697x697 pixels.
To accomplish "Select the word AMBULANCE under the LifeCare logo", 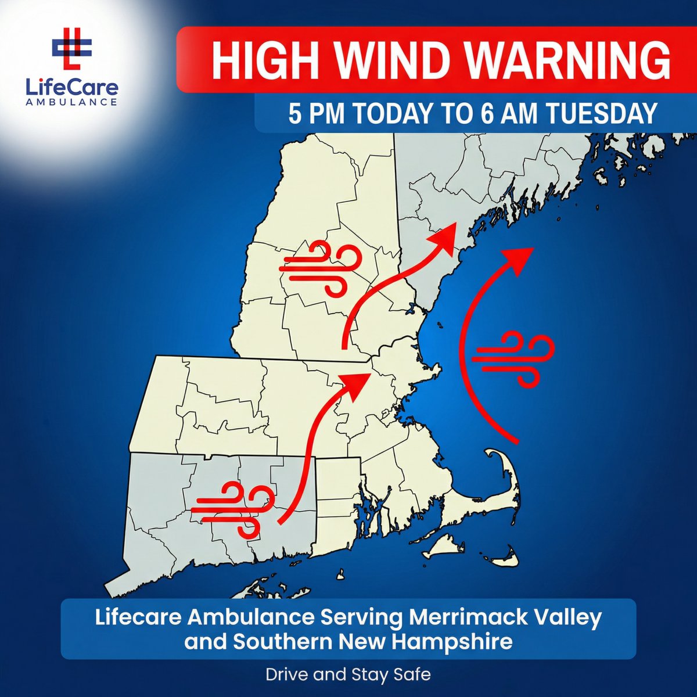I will click(x=71, y=102).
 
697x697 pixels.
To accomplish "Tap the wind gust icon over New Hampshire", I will click(x=319, y=268).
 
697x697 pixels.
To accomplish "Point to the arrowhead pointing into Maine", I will click(x=444, y=236).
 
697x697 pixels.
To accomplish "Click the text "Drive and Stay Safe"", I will click(x=348, y=674).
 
